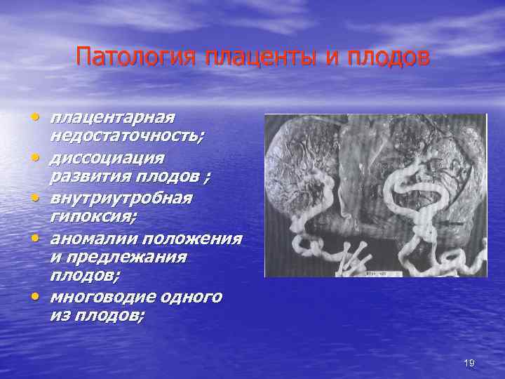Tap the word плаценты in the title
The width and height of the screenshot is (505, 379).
click(x=260, y=55)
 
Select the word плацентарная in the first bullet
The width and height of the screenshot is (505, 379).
click(x=112, y=117)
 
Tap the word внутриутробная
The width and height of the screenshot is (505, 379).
click(x=121, y=198)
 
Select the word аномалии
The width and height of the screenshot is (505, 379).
click(x=86, y=238)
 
